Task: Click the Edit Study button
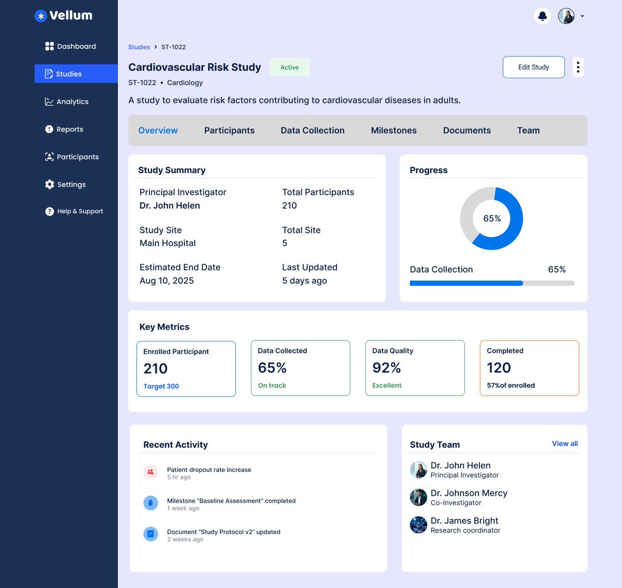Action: click(x=533, y=67)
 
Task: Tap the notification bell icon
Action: click(x=542, y=16)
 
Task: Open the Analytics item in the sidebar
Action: click(x=67, y=102)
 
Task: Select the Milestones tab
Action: click(x=393, y=131)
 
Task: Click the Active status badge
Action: click(x=289, y=67)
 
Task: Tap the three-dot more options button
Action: click(x=578, y=67)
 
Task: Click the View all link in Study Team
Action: click(x=564, y=444)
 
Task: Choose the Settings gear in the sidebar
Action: click(x=50, y=184)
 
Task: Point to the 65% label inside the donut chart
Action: click(x=492, y=219)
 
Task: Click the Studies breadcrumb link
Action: click(x=139, y=47)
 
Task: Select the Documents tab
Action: click(x=466, y=131)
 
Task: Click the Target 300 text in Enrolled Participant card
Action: click(x=161, y=386)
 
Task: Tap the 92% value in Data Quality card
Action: click(x=386, y=368)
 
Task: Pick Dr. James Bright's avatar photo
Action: click(x=418, y=525)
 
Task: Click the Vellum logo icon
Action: click(x=40, y=16)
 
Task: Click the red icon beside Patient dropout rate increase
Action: click(x=150, y=472)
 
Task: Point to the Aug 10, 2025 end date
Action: click(x=166, y=281)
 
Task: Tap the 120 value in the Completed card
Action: click(x=499, y=368)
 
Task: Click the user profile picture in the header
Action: click(x=566, y=16)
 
